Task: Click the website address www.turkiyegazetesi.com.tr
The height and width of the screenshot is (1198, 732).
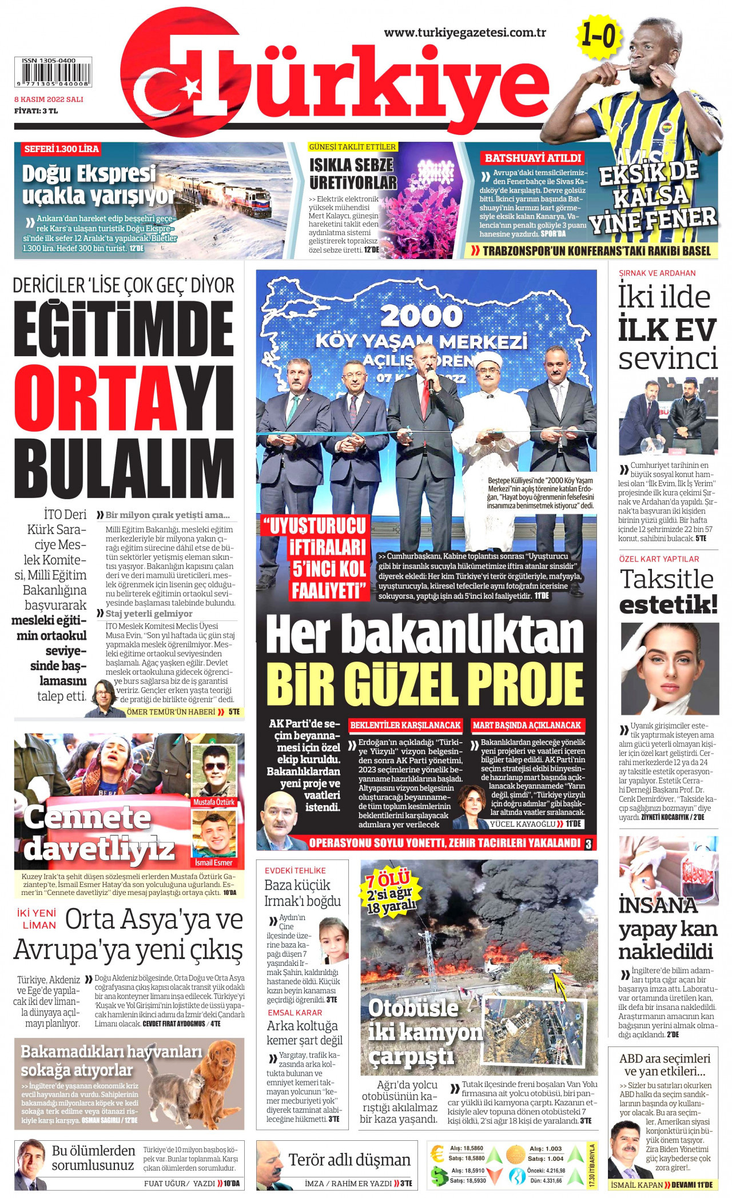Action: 464,33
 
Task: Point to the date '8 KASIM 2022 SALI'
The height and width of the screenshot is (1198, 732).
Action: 49,99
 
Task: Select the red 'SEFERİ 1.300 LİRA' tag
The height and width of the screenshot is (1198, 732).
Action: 61,149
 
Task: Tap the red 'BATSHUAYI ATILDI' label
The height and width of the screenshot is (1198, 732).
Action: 532,158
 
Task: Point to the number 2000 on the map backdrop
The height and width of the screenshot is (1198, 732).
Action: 421,316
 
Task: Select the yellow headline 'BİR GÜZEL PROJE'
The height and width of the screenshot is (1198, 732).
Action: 424,683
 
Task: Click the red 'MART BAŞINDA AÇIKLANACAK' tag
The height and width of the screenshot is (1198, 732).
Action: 526,725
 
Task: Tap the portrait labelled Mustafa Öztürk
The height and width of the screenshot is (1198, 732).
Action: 214,770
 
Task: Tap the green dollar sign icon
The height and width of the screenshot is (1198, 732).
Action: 439,1175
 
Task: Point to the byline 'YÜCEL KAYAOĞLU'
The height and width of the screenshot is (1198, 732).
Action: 522,824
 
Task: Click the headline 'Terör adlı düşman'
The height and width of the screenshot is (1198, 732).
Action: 349,1160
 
